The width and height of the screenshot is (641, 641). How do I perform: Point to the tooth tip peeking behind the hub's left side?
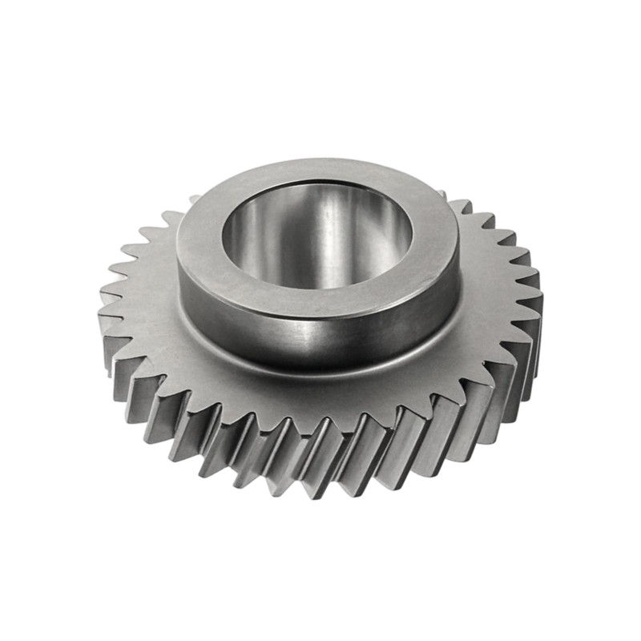(194, 199)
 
